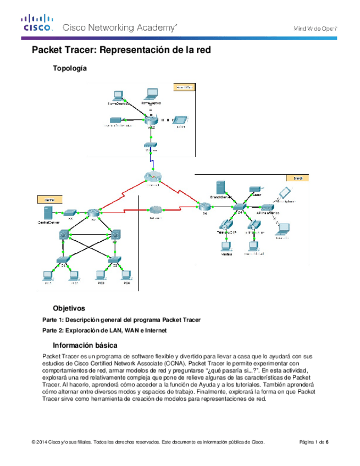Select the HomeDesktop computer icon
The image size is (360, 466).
[116, 96]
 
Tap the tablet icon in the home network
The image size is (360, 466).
[180, 120]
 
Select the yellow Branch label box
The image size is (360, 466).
[297, 177]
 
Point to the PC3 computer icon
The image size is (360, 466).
[101, 274]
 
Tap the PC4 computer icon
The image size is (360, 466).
[126, 274]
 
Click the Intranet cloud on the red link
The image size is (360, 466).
[154, 210]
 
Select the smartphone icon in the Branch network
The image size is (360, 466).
[285, 192]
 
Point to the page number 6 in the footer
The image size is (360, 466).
[328, 442]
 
